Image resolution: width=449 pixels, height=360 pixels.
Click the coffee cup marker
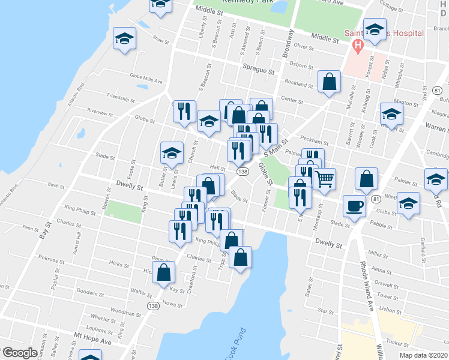pos(354,206)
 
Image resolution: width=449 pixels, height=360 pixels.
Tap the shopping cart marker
pos(324,179)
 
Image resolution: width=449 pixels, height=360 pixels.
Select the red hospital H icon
pos(358,44)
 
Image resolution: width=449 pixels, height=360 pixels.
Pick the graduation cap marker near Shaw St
pos(125,39)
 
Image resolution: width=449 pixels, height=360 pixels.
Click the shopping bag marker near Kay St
pos(164,273)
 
